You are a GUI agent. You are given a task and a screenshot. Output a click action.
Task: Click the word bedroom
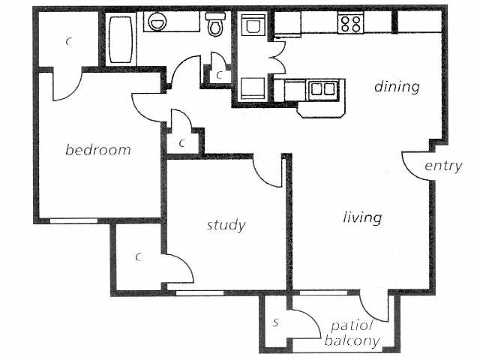(x=97, y=150)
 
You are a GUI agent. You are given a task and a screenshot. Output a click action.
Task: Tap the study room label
(x=226, y=224)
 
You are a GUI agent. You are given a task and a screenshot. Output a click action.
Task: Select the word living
(x=362, y=218)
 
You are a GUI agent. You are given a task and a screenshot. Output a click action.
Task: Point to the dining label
(x=397, y=87)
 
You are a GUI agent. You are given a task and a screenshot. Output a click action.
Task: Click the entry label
(x=443, y=166)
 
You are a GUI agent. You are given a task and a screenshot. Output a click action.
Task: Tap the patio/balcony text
(x=352, y=334)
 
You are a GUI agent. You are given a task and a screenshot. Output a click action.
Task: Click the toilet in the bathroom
(x=216, y=25)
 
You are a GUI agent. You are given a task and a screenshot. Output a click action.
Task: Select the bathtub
(x=121, y=39)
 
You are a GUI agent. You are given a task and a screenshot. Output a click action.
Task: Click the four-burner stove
(x=350, y=23)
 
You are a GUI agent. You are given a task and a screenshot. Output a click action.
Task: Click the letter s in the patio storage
(x=276, y=323)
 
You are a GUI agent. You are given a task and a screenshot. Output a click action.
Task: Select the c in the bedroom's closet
(x=68, y=42)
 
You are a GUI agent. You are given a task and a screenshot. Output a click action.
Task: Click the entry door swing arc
(x=415, y=164)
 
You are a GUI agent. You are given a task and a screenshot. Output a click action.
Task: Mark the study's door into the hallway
(x=266, y=172)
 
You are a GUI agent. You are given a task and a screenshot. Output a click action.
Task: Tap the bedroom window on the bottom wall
(x=73, y=220)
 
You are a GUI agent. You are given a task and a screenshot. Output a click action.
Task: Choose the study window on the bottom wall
(x=199, y=292)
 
